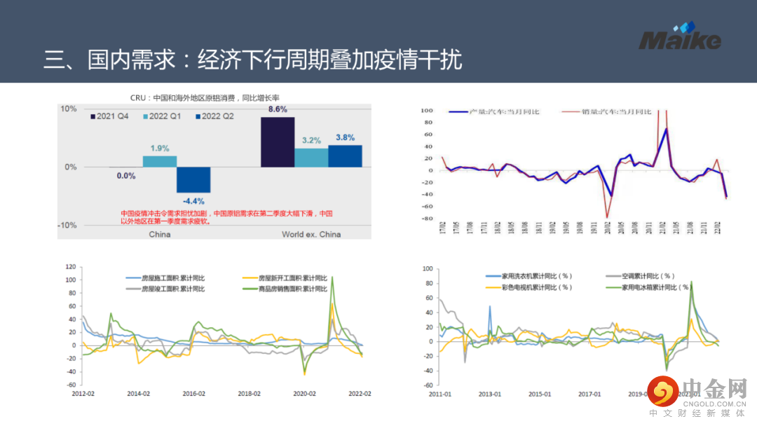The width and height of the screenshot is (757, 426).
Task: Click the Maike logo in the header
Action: (x=679, y=38)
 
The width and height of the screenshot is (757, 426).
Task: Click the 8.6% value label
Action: (x=278, y=109)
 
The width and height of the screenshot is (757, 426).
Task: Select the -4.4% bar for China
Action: (x=193, y=179)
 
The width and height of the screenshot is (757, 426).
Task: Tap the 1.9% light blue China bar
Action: (x=160, y=161)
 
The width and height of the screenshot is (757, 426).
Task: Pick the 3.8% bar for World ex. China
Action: (x=345, y=156)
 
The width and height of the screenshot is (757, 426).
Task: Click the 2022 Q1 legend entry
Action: (x=162, y=116)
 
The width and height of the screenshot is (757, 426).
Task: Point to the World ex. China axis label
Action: (x=311, y=234)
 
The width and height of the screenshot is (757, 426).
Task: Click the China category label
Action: (x=160, y=234)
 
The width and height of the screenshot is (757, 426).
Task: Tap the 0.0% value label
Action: (x=126, y=176)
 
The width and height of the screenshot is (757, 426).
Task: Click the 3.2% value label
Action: (x=311, y=141)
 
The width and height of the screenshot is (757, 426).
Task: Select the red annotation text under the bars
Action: (x=226, y=217)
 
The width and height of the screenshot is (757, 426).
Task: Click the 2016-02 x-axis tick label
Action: (x=193, y=394)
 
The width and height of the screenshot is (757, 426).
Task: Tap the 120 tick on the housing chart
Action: (x=69, y=267)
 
